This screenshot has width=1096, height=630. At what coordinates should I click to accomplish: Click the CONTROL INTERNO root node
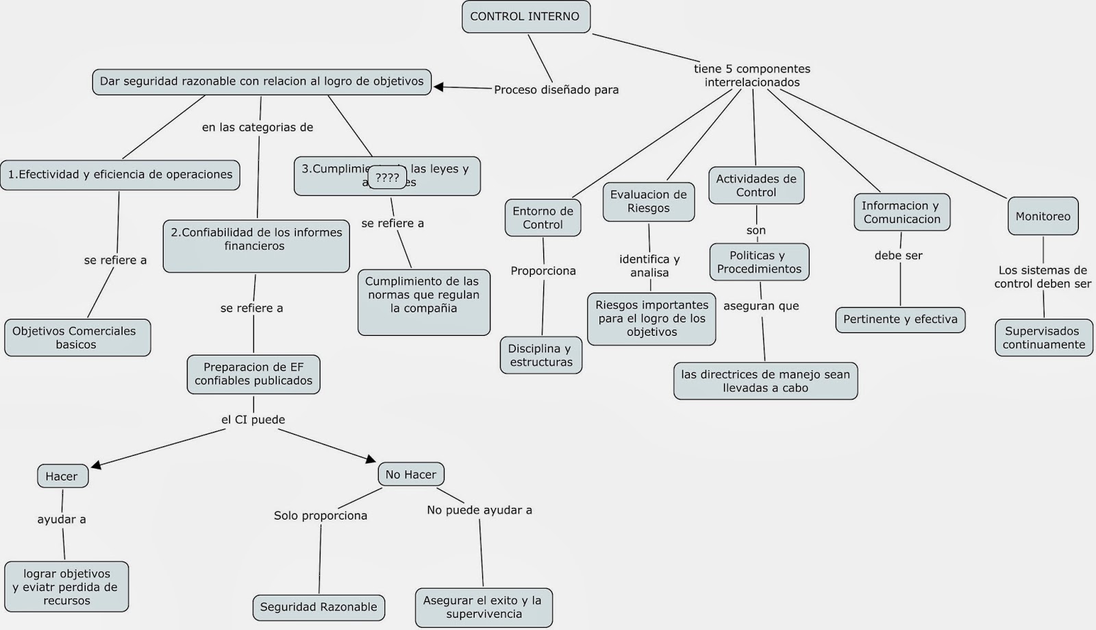point(525,17)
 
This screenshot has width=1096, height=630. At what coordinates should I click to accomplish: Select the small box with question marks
point(387,178)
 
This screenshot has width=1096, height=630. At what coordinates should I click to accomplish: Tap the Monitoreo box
point(1043,217)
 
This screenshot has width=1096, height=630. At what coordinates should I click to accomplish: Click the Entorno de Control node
point(543,218)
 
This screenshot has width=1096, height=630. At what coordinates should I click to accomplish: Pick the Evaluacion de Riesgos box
point(648,202)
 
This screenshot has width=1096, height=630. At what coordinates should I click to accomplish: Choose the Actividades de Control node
point(756,186)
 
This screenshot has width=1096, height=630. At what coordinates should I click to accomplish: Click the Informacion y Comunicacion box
point(901,213)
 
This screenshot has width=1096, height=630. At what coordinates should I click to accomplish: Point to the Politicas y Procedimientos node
point(758,263)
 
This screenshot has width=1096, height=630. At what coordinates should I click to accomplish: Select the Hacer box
point(62,476)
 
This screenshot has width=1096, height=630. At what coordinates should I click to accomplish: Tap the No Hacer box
point(410,474)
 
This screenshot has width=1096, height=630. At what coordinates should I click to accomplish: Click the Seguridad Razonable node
point(319,607)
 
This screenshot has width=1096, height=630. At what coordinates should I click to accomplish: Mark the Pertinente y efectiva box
point(900,319)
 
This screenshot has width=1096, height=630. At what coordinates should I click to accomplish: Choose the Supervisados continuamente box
point(1043,338)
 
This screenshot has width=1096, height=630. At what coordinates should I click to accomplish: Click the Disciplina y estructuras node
point(540,355)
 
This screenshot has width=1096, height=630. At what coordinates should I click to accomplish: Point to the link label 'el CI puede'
point(253,420)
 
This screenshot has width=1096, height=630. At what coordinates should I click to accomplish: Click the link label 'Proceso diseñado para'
point(556,90)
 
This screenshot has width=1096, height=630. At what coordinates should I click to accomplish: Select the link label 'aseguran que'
point(761,306)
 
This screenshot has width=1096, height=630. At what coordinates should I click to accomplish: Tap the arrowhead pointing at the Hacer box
point(97,465)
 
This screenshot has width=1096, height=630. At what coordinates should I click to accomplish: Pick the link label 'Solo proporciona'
point(321,516)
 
